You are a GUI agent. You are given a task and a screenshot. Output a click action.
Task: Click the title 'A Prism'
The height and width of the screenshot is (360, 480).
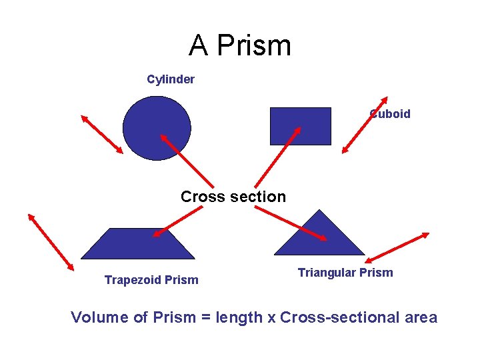tap(240, 45)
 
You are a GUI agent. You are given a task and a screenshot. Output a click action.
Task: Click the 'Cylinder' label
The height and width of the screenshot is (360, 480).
tap(171, 79)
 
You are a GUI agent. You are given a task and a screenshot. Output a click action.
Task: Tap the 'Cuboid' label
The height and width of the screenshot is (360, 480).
tap(391, 114)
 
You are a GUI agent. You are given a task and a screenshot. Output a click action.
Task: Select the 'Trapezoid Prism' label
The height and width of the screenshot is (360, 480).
tap(151, 280)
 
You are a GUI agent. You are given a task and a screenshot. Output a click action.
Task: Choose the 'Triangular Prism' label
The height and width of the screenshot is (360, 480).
tap(345, 273)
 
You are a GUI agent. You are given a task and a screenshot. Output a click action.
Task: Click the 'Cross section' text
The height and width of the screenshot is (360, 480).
tap(233, 197)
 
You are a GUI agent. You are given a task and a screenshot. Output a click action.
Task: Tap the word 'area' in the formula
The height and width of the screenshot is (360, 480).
tap(420, 317)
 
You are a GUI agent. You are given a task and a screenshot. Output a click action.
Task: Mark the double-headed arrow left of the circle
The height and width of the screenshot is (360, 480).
tap(102, 134)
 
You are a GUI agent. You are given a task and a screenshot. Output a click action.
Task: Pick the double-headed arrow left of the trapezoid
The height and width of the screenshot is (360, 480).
tap(51, 241)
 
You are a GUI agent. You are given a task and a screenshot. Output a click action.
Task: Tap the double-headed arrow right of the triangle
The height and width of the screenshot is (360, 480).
tap(397, 247)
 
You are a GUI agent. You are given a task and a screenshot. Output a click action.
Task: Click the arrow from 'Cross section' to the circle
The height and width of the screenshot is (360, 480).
tap(187, 161)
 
